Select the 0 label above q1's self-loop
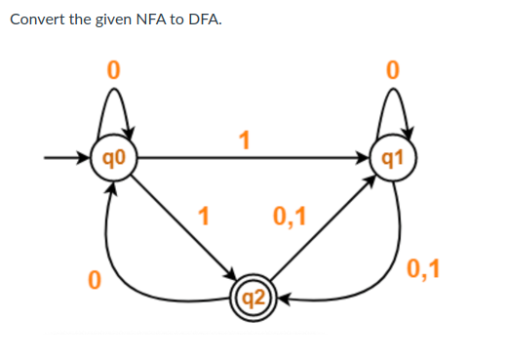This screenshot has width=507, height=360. [x=393, y=69]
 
